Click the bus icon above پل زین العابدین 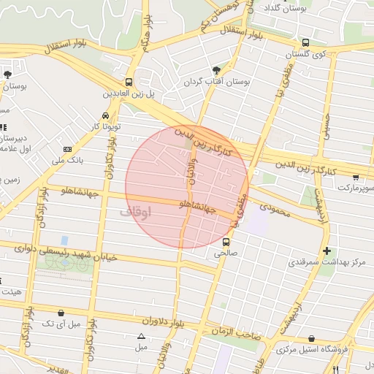(x=129, y=82)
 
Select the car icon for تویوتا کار (x=106, y=115)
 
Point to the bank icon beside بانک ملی (x=68, y=148)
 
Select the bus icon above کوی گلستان (x=305, y=42)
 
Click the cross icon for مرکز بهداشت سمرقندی (x=327, y=251)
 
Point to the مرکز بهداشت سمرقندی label (x=327, y=262)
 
